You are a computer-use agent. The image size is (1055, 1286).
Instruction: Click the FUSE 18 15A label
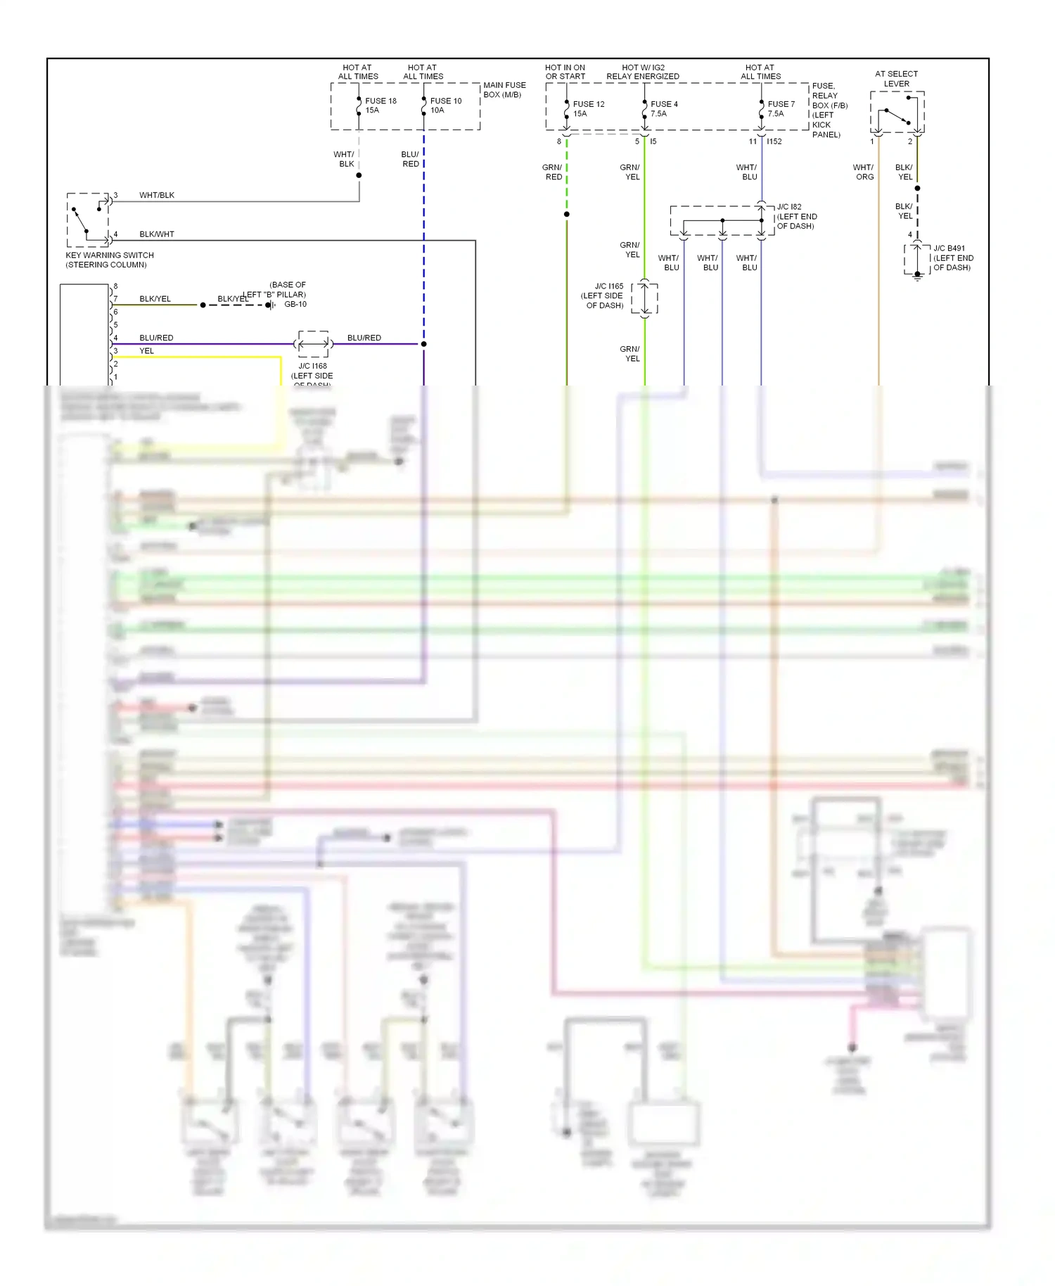(381, 106)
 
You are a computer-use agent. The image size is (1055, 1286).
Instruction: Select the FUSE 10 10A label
(445, 106)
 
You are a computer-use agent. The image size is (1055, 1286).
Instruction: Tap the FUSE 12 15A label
(588, 108)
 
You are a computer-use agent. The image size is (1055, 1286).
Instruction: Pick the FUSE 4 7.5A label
(663, 108)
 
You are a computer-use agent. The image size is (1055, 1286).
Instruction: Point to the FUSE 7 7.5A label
(781, 108)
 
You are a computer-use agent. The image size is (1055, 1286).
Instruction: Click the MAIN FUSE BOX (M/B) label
(504, 89)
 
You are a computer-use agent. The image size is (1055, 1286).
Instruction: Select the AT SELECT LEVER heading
(896, 78)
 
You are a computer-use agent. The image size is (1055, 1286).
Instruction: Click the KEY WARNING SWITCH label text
(110, 260)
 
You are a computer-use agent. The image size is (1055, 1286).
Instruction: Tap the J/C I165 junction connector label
(603, 295)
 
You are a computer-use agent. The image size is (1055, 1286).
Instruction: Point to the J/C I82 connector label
(796, 216)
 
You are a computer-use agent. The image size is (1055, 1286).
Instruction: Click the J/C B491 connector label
(952, 257)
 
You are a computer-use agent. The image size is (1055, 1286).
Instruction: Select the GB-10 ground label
(295, 305)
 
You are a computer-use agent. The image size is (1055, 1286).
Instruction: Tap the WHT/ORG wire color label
(864, 172)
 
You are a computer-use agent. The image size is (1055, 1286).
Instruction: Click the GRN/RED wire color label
(553, 172)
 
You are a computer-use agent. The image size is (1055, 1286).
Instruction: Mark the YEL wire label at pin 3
(146, 350)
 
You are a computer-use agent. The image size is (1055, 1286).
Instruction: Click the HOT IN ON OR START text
(565, 72)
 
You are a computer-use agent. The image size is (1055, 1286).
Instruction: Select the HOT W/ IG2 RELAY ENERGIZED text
(643, 72)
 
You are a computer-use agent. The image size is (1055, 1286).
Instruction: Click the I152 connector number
(774, 141)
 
